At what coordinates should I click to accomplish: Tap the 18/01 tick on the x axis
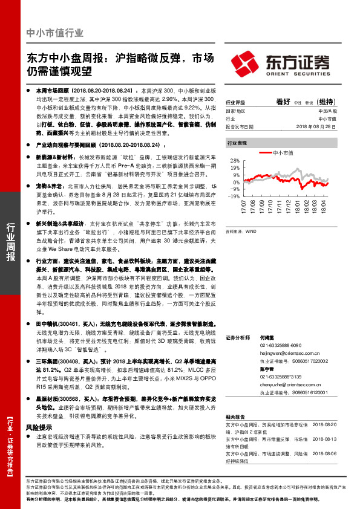pyautogui.click(x=298, y=208)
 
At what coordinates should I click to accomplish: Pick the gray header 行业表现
pyautogui.click(x=237, y=143)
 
